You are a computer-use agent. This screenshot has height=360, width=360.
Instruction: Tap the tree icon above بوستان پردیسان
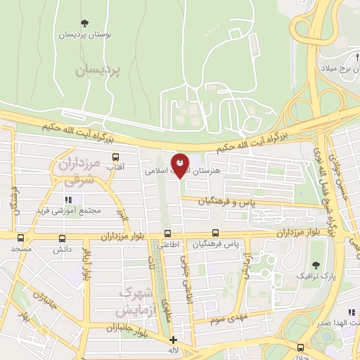click(x=86, y=24)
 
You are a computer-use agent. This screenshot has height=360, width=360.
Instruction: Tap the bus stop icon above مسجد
click(x=20, y=237)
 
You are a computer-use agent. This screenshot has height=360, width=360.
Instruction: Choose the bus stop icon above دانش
click(x=59, y=237)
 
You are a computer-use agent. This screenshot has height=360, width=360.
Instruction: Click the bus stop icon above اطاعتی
click(x=168, y=234)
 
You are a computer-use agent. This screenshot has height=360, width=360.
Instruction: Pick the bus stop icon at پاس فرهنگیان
click(x=215, y=233)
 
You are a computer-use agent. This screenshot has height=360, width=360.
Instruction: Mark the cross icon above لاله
click(x=174, y=340)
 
